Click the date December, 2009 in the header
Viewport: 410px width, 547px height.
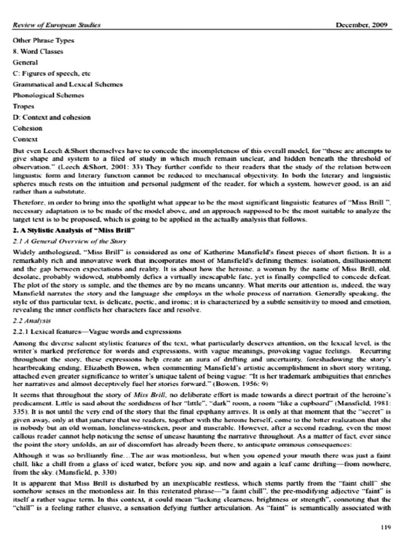point(365,25)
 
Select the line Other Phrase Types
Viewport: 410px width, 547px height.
point(44,41)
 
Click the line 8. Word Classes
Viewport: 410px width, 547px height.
point(37,52)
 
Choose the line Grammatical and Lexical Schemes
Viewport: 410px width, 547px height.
point(68,84)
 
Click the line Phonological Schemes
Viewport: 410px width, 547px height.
point(49,95)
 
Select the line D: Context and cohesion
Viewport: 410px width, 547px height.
point(52,117)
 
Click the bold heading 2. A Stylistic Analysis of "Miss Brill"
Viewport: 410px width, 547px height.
point(73,230)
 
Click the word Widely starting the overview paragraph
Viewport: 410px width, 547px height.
point(25,252)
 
